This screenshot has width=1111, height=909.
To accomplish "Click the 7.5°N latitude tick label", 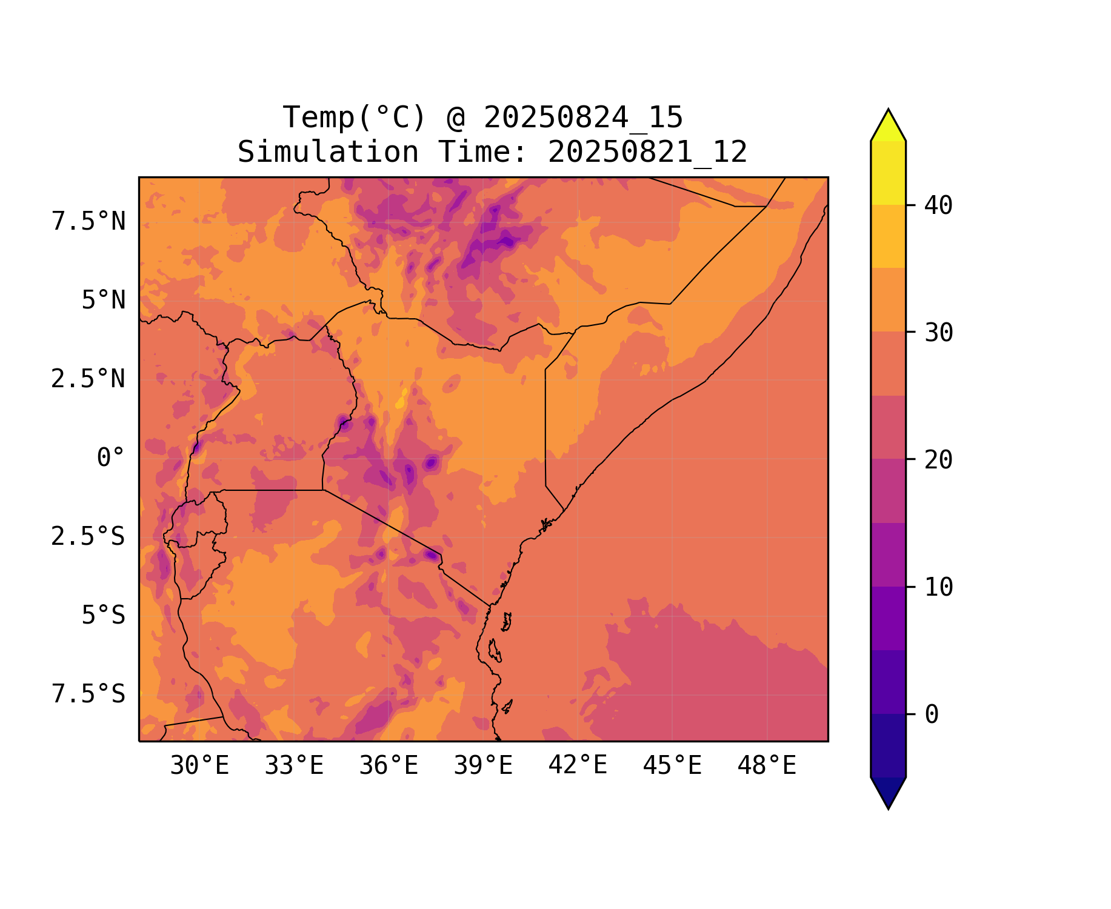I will coord(88,222).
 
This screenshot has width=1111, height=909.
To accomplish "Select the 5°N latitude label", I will coord(104,301).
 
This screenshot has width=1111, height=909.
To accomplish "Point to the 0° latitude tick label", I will coord(111,458).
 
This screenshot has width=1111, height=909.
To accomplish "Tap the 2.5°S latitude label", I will coord(88,537).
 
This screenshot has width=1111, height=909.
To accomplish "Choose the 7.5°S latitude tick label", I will coord(88,694).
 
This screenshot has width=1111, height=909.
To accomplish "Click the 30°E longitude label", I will coord(199,766).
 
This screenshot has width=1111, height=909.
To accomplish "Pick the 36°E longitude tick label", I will coord(389,766).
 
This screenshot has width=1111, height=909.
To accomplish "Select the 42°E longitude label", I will coord(578,766).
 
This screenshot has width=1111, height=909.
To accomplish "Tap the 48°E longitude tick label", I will coord(767,766).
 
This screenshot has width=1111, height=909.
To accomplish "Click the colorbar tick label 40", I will coord(939,206).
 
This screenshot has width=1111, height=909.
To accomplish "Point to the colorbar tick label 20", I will coord(939,460).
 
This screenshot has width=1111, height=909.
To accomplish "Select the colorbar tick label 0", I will coord(932,715).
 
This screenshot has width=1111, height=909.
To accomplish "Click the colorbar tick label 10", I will coord(939,587).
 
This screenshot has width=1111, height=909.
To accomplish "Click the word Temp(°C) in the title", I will coord(354,118).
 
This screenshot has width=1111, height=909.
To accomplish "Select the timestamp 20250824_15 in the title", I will coord(583,118).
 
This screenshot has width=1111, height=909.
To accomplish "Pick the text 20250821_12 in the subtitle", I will coord(647,152).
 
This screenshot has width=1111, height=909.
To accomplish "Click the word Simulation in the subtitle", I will coord(328,152).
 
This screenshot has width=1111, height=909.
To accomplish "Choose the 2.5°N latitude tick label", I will coord(88,379).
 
